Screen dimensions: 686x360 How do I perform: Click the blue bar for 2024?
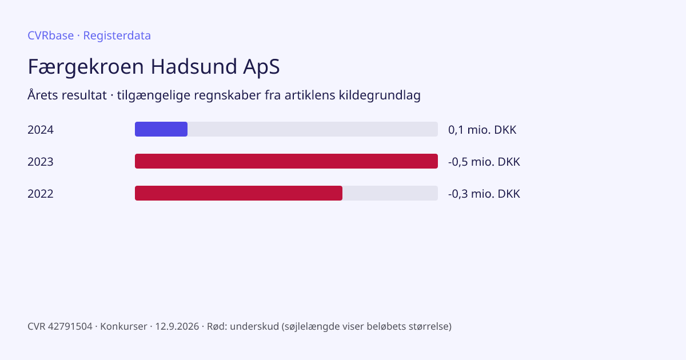161,129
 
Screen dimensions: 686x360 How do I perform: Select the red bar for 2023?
286,161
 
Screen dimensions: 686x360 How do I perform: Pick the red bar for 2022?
238,193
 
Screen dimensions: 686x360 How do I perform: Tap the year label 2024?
41,130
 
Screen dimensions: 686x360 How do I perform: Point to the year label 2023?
41,162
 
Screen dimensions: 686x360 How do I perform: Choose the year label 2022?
41,194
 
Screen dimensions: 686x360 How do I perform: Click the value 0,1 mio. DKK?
482,130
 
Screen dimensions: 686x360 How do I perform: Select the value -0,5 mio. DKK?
484,162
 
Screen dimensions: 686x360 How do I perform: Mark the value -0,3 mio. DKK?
484,194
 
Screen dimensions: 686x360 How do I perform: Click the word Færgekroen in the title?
86,67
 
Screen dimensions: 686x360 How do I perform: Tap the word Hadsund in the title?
194,66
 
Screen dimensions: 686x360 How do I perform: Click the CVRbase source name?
50,35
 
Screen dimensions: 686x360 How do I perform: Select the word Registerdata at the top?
117,36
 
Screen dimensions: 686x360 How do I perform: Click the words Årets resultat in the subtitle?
67,95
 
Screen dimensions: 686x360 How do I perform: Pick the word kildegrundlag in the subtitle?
380,95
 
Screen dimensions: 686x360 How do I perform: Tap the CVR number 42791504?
70,326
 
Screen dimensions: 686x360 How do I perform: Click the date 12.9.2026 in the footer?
177,326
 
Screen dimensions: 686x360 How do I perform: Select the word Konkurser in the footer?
123,326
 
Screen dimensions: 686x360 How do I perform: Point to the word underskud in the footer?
254,326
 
